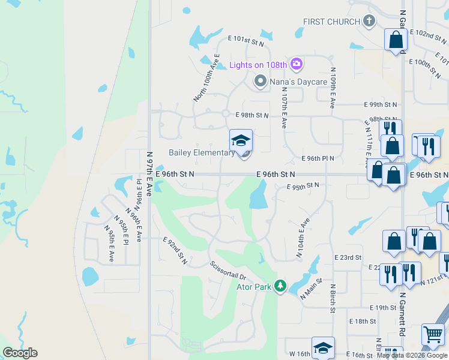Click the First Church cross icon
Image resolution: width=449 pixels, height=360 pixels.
tap(369, 22)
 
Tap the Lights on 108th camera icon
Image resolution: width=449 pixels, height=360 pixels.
tap(296, 64)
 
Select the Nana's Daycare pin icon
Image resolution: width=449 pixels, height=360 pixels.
tap(260, 80)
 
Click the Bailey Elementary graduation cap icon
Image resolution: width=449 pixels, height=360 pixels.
tap(241, 140)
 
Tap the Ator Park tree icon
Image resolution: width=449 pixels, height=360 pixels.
tap(280, 286)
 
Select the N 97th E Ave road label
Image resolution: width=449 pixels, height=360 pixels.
tap(150, 170)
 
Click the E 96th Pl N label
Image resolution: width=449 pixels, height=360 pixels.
tap(318, 158)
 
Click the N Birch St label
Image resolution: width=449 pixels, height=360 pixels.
tap(331, 298)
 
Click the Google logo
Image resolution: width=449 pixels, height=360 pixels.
tap(20, 353)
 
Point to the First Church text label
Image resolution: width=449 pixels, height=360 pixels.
tap(331, 22)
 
